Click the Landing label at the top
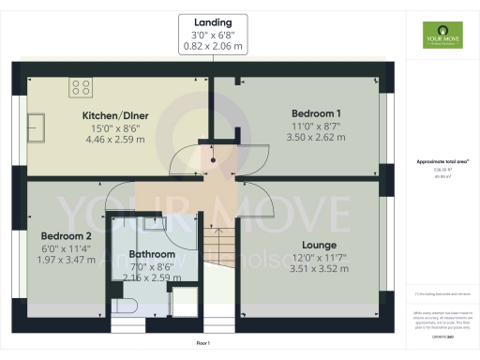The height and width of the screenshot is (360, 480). tap(213, 21)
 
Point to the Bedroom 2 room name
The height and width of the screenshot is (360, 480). tap(67, 235)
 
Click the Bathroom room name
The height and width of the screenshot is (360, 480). tap(152, 254)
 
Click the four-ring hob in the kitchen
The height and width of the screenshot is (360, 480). tap(80, 88)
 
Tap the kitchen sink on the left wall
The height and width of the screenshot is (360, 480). tap(38, 125)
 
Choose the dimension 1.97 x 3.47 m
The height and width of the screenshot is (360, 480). tap(67, 259)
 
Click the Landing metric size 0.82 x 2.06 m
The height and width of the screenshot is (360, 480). tap(213, 45)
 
